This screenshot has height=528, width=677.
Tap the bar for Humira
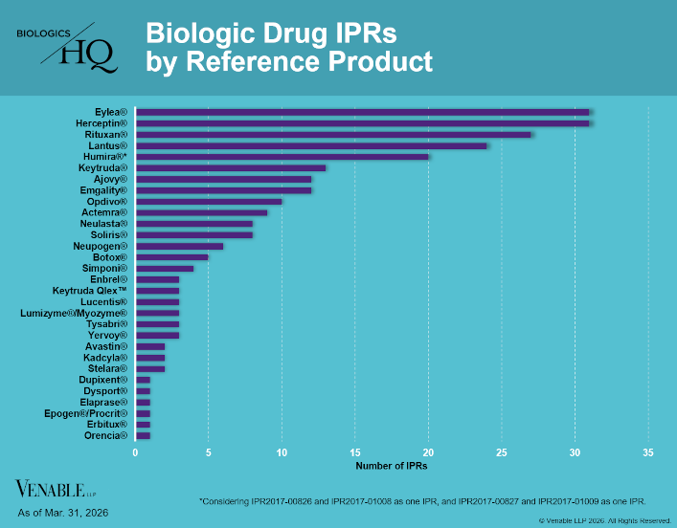[x=282, y=157]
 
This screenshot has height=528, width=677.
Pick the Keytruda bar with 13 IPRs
[x=231, y=167]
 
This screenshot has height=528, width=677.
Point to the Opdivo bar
[x=209, y=202]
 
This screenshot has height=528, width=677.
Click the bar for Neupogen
[x=179, y=246]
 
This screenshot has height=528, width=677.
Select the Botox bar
[x=171, y=257]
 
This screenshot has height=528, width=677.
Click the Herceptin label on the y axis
[x=102, y=123]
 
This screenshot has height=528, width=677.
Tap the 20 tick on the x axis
[x=428, y=452]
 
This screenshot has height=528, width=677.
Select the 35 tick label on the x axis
[x=648, y=452]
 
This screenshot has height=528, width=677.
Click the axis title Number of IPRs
[x=392, y=466]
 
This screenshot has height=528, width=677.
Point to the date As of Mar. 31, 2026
[x=63, y=513]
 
